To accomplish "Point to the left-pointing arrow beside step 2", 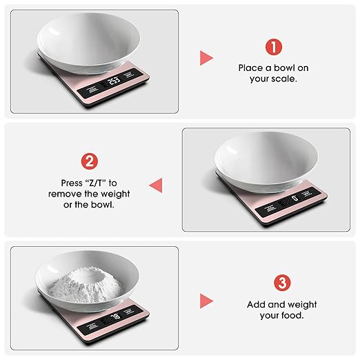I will [156, 184].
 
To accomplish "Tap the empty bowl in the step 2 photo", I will [266, 159].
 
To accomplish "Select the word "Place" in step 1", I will [250, 68].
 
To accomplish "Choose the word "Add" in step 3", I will [257, 304].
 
